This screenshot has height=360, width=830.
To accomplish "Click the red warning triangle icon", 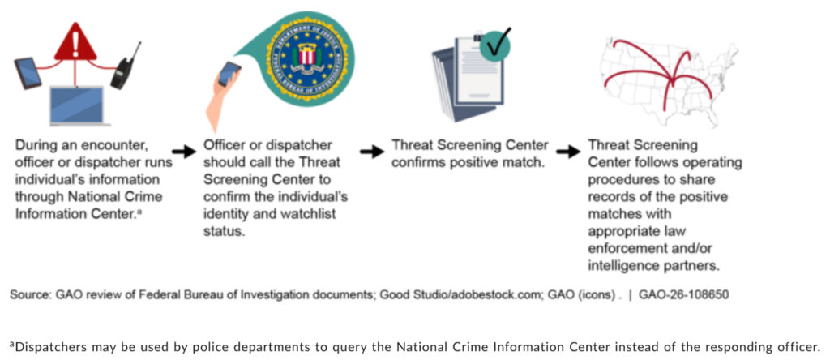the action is click(75, 42).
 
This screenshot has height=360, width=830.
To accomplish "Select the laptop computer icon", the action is click(77, 106).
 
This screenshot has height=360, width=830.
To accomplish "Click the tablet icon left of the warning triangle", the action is click(28, 73).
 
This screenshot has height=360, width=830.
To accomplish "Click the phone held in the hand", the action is click(229, 73).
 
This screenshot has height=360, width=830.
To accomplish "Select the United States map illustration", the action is click(668, 80).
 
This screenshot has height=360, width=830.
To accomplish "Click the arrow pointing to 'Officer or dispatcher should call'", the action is click(183, 152).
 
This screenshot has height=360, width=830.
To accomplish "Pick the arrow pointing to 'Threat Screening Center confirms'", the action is click(371, 152).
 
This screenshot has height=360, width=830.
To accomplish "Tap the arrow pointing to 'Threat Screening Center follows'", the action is click(568, 152).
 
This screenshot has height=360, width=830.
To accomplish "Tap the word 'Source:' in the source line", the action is click(27, 295).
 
